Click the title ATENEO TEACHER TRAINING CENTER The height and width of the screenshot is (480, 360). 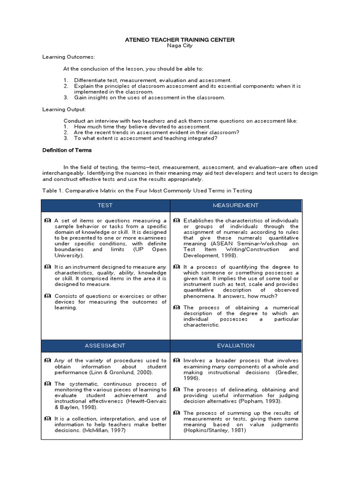(x=180, y=40)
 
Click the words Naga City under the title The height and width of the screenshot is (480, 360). (x=180, y=46)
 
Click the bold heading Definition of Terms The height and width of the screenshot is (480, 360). (x=67, y=150)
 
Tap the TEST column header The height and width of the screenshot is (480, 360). (x=105, y=205)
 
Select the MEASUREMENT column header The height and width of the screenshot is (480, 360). (x=235, y=205)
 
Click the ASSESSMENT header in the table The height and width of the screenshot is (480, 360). (x=105, y=345)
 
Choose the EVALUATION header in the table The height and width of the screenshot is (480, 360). (x=235, y=345)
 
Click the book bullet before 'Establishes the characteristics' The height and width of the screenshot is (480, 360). (x=176, y=220)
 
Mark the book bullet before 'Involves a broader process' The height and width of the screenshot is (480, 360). (x=176, y=360)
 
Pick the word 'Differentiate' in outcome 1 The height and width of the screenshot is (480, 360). (x=89, y=81)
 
